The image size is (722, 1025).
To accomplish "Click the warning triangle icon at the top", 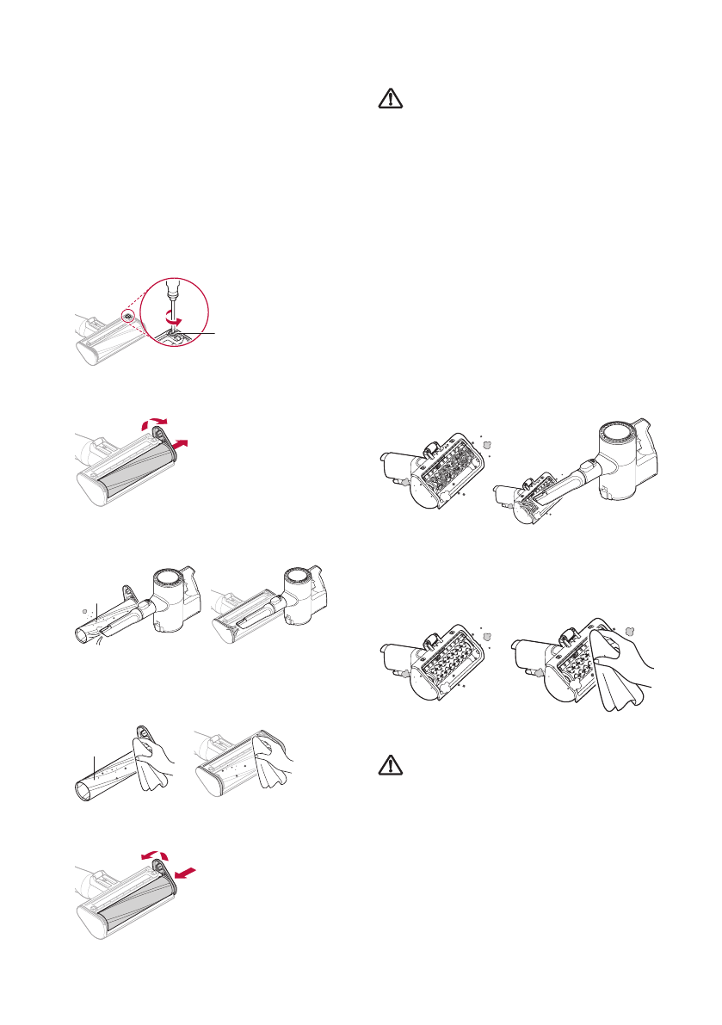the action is pyautogui.click(x=391, y=100).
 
